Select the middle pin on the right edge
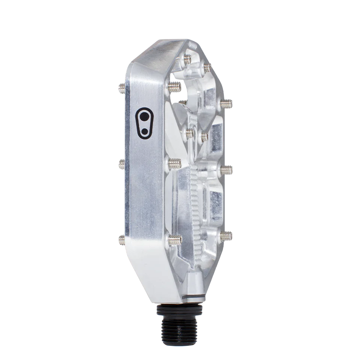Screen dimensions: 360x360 click(226, 169)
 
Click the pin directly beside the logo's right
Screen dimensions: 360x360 click(174, 88)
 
